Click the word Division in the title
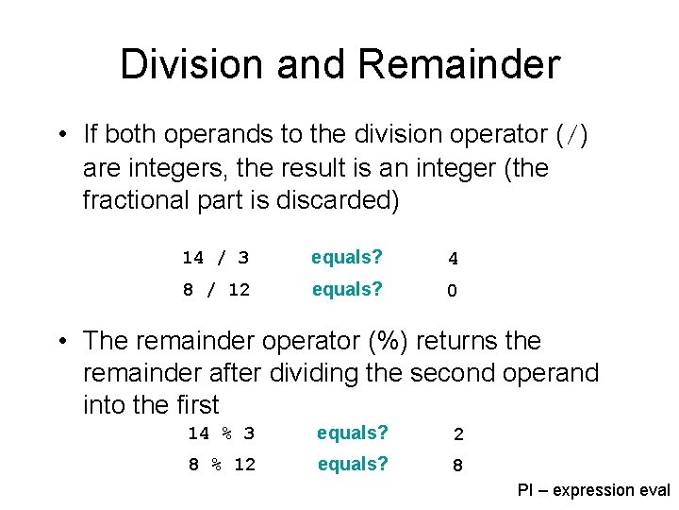coord(193,63)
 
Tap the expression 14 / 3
coord(215,258)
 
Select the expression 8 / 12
coord(216,290)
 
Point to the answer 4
coord(453,259)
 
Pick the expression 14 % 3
coord(221,433)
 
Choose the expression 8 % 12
coord(222,466)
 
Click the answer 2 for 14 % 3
coord(457,434)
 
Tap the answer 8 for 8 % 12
coord(457,467)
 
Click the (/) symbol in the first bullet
coord(571,136)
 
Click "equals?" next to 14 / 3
coord(348,257)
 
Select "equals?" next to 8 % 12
coord(353,465)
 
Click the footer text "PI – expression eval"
coord(593,490)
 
